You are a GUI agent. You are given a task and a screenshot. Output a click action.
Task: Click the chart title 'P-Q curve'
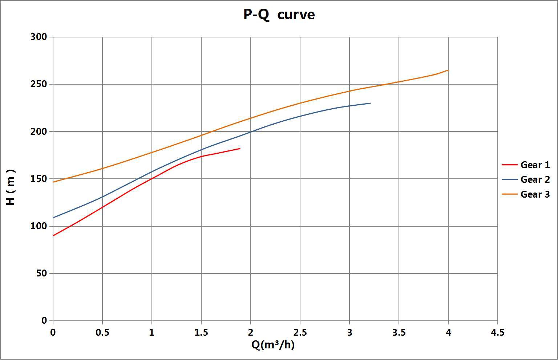point(279,15)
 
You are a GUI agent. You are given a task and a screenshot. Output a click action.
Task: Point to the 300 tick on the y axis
point(39,37)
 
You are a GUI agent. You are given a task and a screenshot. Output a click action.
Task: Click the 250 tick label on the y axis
point(39,84)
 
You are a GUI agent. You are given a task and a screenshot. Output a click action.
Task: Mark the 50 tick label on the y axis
point(42,273)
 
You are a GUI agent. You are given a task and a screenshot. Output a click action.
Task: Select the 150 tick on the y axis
point(39,179)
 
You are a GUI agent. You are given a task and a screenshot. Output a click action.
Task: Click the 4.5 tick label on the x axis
point(497,332)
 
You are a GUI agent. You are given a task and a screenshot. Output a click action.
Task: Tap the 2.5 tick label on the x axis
point(300,332)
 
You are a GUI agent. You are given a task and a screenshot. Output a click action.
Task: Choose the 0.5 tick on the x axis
point(102,332)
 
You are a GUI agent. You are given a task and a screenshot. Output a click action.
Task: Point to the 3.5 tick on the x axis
point(399,332)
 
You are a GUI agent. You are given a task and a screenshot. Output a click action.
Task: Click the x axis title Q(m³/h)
point(273,344)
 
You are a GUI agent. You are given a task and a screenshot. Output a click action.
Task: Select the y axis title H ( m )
point(11,187)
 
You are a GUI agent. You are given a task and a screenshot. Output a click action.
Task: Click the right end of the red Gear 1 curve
point(240,149)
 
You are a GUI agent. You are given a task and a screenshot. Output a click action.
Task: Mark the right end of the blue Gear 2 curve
point(370,103)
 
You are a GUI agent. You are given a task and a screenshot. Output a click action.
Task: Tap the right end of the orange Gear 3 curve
point(448,70)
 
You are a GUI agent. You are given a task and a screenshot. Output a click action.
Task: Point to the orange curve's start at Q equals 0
point(53,182)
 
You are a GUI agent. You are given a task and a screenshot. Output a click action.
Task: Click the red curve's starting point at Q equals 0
point(53,236)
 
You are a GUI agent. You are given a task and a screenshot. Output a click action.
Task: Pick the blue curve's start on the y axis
point(53,218)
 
